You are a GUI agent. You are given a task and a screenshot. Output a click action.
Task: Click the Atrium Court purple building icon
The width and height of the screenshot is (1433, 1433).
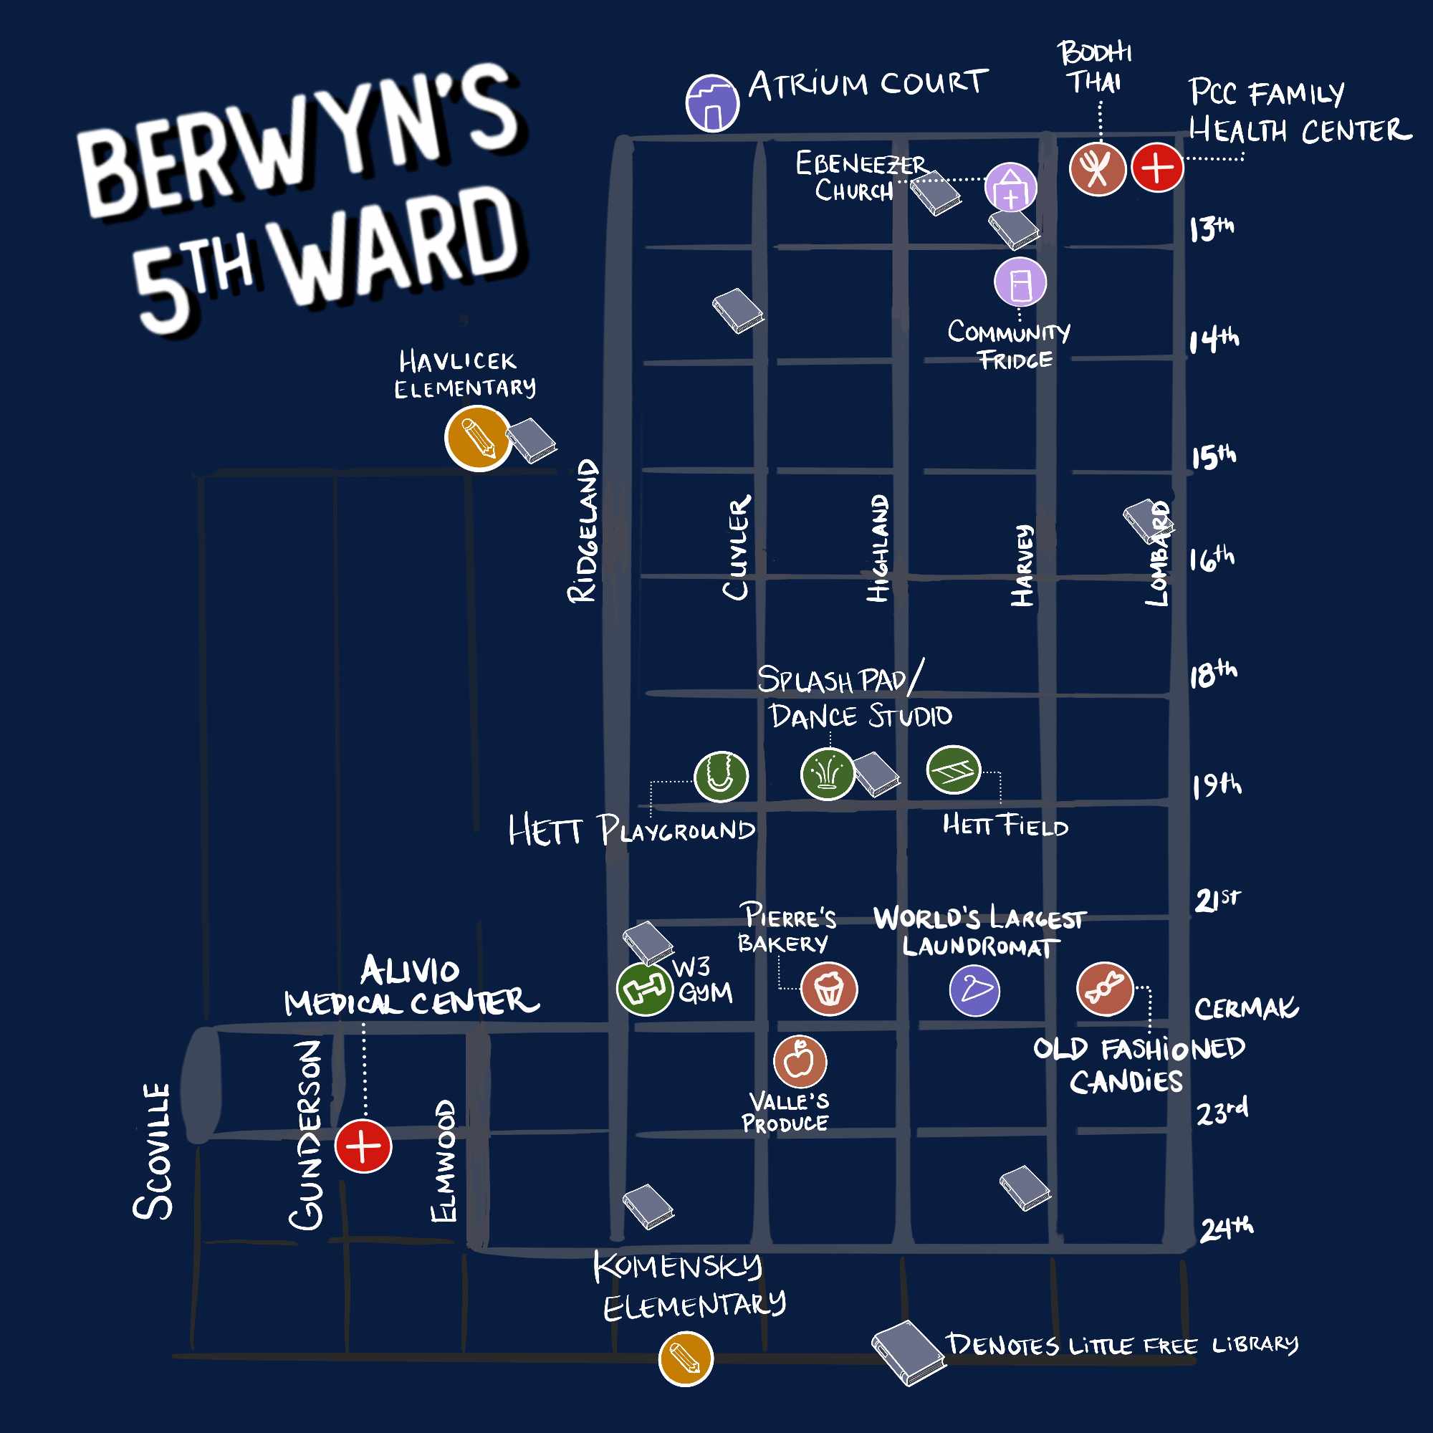pyautogui.click(x=712, y=103)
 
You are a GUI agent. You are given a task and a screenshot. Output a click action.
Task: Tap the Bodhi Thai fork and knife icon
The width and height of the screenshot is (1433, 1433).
pyautogui.click(x=1097, y=168)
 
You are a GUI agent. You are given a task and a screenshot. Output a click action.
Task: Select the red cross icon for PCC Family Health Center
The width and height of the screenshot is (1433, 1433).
pyautogui.click(x=1157, y=168)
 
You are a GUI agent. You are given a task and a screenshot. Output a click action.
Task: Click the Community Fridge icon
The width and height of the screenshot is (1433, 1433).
pyautogui.click(x=1020, y=282)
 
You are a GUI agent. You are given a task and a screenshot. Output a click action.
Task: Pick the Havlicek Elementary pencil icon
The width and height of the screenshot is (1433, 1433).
pyautogui.click(x=478, y=438)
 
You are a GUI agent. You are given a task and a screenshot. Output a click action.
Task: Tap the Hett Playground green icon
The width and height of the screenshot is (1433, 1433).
pyautogui.click(x=721, y=777)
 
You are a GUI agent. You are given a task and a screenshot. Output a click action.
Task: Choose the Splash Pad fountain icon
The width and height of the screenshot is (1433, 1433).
pyautogui.click(x=828, y=775)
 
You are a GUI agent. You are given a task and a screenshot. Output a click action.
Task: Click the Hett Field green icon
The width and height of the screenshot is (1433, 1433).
pyautogui.click(x=954, y=771)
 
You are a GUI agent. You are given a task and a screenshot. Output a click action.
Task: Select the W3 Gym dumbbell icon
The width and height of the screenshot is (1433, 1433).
pyautogui.click(x=645, y=989)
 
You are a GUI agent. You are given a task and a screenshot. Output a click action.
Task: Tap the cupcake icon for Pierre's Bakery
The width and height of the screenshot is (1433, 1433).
pyautogui.click(x=829, y=989)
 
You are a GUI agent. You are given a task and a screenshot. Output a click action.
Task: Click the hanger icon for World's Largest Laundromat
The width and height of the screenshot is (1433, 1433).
pyautogui.click(x=974, y=991)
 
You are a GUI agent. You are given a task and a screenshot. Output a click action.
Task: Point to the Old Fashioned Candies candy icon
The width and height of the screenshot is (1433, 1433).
pyautogui.click(x=1105, y=989)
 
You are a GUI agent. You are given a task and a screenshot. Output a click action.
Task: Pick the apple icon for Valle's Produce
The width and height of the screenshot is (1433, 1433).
pyautogui.click(x=800, y=1061)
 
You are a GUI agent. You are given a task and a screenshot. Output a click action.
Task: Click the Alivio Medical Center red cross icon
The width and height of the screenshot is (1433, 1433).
pyautogui.click(x=363, y=1146)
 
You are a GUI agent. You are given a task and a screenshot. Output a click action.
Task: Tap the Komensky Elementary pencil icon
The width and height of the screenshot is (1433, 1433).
pyautogui.click(x=686, y=1358)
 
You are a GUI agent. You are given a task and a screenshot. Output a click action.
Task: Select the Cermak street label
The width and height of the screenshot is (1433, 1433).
pyautogui.click(x=1246, y=1009)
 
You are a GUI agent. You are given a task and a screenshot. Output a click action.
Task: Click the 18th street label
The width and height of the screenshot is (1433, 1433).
pyautogui.click(x=1214, y=674)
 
